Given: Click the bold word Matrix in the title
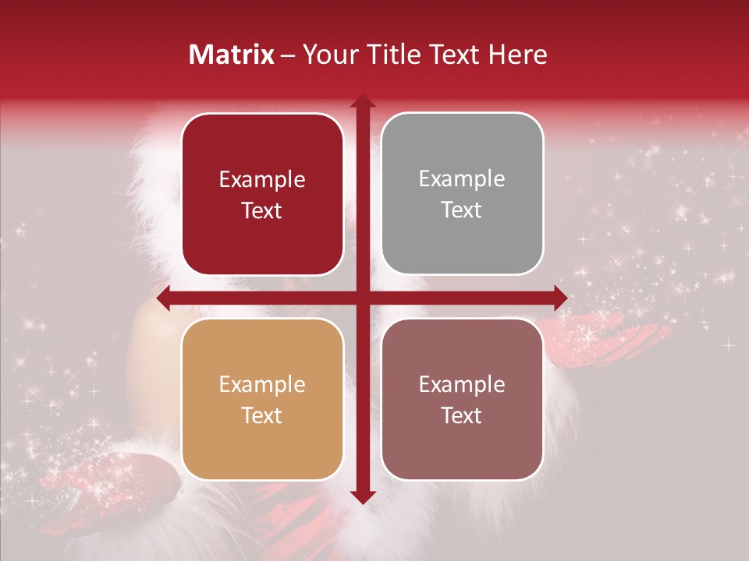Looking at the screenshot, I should tap(232, 55).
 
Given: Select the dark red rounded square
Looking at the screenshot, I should tap(262, 194).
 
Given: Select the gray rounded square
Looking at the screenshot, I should tap(462, 194).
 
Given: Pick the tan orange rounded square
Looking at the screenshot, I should tap(262, 400).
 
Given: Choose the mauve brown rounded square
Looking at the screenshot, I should tap(462, 400).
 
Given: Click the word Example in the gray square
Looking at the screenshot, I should tap(462, 179).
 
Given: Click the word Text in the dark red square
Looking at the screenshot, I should tap(262, 211).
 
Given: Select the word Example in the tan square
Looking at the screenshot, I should tap(262, 384).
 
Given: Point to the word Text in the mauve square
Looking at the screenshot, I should tap(462, 416).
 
